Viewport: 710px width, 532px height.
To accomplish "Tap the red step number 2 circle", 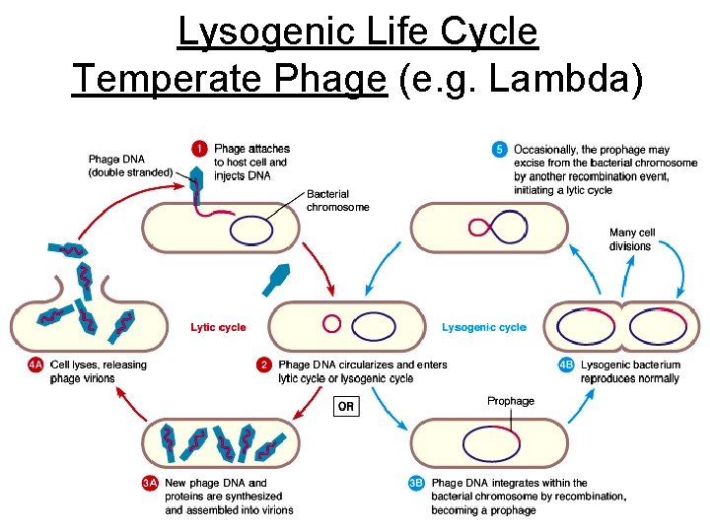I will (x=264, y=366).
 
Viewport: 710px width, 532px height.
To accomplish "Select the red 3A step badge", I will (x=149, y=484).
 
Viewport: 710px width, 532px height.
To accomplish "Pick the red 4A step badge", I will (x=35, y=366).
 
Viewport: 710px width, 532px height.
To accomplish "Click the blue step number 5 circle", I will (x=500, y=150).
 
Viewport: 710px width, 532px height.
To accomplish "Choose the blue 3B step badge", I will (x=416, y=484).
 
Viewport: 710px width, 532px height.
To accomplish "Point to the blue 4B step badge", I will (x=566, y=366).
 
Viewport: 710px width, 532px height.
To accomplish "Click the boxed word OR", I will (x=346, y=406).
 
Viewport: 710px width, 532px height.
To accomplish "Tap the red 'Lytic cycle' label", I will (x=218, y=327).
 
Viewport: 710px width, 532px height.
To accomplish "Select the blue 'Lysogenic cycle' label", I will (x=483, y=327).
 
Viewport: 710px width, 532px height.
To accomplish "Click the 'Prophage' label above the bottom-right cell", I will (x=510, y=401).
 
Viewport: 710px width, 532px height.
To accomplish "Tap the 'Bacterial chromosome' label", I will (x=337, y=201).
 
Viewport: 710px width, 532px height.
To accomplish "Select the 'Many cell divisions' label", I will (x=631, y=239).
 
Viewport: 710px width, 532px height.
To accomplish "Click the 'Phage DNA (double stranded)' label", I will (x=130, y=166).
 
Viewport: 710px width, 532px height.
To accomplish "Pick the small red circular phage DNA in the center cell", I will (x=331, y=323).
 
